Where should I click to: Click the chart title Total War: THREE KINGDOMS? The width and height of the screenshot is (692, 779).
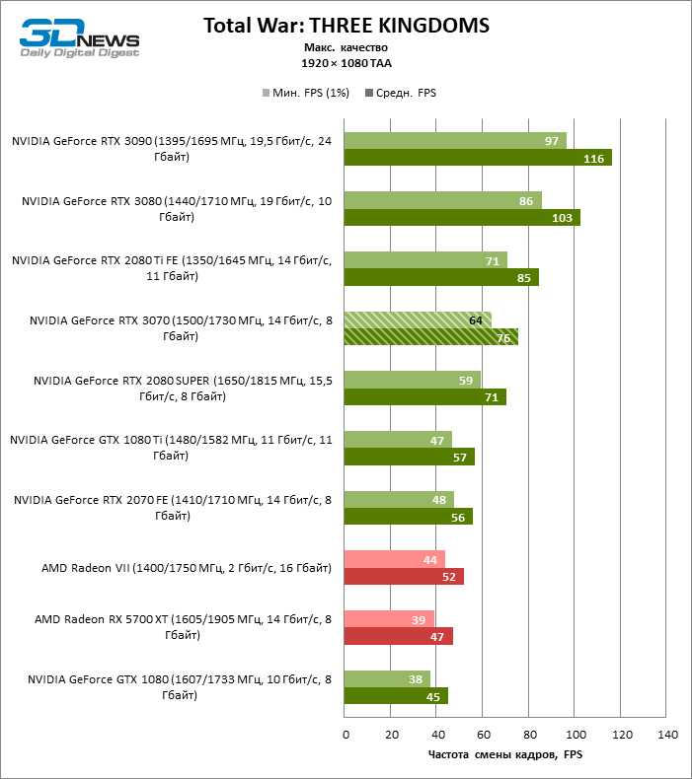(346, 25)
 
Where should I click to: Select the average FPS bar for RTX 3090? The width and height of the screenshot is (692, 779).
(478, 158)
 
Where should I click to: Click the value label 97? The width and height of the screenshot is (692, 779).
(552, 141)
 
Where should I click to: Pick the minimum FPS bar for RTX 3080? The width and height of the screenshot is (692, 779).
(442, 201)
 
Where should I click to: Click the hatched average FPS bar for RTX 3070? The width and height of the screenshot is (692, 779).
(431, 337)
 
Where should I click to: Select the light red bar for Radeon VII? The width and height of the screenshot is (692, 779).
(394, 559)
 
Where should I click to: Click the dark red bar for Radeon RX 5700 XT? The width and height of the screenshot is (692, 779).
(398, 636)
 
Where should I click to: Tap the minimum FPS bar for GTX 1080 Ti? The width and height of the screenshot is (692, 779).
(397, 440)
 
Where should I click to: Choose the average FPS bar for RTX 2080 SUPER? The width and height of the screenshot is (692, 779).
(424, 397)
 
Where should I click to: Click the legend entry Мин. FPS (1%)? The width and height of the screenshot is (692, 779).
(308, 94)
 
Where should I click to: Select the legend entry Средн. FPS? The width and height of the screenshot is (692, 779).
(401, 94)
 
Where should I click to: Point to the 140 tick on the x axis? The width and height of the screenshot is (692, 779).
(667, 736)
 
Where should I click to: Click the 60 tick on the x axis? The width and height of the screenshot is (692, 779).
(484, 736)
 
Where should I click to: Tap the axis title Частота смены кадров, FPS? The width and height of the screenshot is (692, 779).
(506, 755)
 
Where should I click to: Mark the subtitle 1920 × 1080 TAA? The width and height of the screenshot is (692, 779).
(345, 62)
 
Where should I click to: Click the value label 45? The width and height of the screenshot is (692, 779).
(432, 696)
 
